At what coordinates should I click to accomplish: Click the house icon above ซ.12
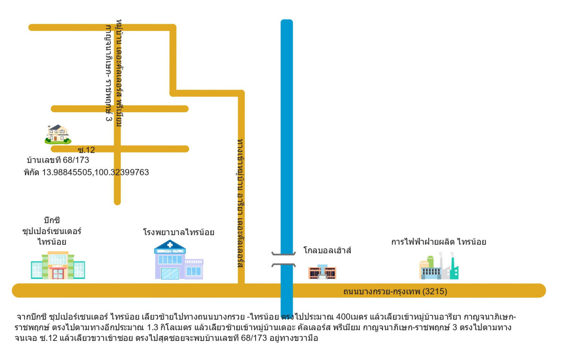tap(58, 134)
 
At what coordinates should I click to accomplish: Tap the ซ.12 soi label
tap(86, 150)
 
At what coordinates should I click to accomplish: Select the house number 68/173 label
tap(58, 160)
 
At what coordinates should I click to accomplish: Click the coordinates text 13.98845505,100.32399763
tap(86, 173)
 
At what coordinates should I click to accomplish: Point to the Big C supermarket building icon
tap(58, 265)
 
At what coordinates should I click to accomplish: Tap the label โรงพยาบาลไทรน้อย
tap(179, 232)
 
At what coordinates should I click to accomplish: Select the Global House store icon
tap(322, 272)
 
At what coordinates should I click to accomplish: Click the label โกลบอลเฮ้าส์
tap(327, 251)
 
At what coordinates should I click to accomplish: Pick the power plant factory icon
tap(439, 267)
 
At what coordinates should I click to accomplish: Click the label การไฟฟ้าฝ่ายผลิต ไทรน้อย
tap(438, 242)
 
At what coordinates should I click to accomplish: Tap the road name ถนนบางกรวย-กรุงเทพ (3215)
tap(395, 292)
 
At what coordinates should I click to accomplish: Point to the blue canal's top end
tap(286, 23)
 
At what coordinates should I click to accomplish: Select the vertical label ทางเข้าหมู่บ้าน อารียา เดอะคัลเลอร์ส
tap(241, 203)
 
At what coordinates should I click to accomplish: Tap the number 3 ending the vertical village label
tap(108, 117)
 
